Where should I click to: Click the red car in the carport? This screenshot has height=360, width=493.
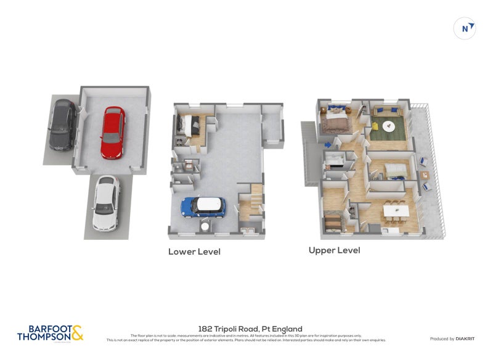[112, 132]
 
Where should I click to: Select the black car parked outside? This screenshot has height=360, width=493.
[62, 125]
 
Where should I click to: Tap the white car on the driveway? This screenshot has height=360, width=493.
[105, 203]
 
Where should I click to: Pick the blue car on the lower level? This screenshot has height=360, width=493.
[204, 207]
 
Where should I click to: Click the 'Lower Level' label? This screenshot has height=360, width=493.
[194, 252]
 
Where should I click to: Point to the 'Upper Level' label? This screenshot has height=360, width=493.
[334, 250]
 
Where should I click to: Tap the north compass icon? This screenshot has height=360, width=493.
[465, 28]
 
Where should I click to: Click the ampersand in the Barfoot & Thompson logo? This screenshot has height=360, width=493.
[77, 333]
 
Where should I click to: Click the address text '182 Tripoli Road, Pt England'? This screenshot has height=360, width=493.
[250, 329]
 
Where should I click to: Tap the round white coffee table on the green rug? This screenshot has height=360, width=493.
[389, 126]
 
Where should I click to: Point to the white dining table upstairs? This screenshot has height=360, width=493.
[394, 211]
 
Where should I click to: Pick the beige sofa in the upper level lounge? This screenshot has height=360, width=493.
[388, 168]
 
